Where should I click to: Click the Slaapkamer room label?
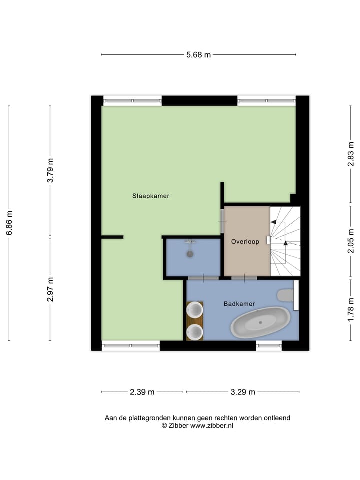pos(150,196)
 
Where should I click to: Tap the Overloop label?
pos(245,242)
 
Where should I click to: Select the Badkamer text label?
pos(239,303)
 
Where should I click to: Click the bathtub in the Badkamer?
pos(260,322)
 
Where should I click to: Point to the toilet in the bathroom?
pos(285,295)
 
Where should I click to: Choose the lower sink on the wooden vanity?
pos(195,331)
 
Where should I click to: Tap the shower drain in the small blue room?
pos(190,254)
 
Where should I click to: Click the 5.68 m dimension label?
pos(198,55)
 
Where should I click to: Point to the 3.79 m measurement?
pos(50,170)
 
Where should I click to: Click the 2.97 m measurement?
pos(50,289)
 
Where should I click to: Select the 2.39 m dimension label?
pos(142,392)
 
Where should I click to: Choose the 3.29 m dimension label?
pos(242,392)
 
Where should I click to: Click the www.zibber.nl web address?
pos(212,426)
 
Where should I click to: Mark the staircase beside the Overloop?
pos(285,241)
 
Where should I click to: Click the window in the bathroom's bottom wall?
pos(269,345)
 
